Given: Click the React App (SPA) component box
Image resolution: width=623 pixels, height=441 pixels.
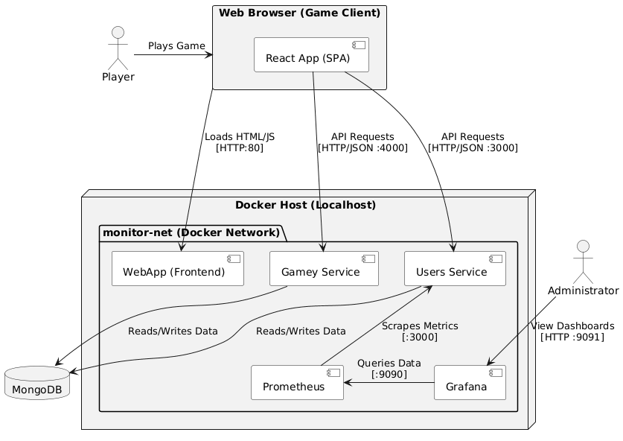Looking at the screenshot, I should [311, 54].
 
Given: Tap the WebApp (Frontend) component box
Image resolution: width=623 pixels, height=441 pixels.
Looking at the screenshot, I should [178, 269].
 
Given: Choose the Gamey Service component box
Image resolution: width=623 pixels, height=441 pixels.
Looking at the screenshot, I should [323, 269].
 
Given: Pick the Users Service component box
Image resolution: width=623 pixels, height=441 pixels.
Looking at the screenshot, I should [455, 269].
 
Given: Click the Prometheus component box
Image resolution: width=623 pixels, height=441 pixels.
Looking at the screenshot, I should [297, 382].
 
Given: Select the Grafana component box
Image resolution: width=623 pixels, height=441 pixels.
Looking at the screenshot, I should [470, 382].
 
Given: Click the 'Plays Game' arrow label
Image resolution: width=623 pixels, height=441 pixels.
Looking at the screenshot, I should [176, 46].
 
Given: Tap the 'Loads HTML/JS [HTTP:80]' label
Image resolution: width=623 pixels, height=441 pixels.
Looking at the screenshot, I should [239, 142].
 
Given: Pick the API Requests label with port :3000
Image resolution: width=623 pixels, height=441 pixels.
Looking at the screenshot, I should [472, 142].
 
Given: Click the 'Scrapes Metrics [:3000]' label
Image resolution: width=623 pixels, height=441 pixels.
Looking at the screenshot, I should [419, 331].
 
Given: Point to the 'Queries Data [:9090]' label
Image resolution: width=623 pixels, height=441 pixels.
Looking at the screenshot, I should [389, 368].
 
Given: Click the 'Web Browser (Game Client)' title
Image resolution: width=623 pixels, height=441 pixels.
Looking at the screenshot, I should [300, 13].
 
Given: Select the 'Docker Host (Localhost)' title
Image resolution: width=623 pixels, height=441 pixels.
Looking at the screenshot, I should [305, 205].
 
